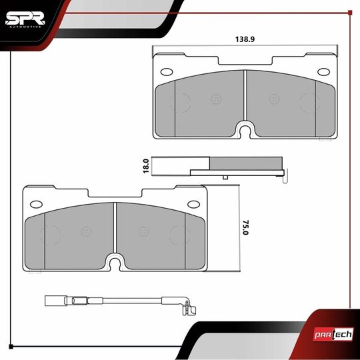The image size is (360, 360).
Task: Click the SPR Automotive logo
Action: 25,20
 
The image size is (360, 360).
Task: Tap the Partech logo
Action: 333,334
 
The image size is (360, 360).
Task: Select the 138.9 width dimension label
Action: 245,39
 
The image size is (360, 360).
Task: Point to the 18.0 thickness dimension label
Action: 146,166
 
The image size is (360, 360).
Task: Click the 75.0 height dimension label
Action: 245,227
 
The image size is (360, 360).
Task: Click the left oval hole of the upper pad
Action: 167,72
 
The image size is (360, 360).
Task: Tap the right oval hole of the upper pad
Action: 324,72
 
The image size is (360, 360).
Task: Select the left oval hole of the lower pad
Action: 36,204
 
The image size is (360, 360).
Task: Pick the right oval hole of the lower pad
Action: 193,204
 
